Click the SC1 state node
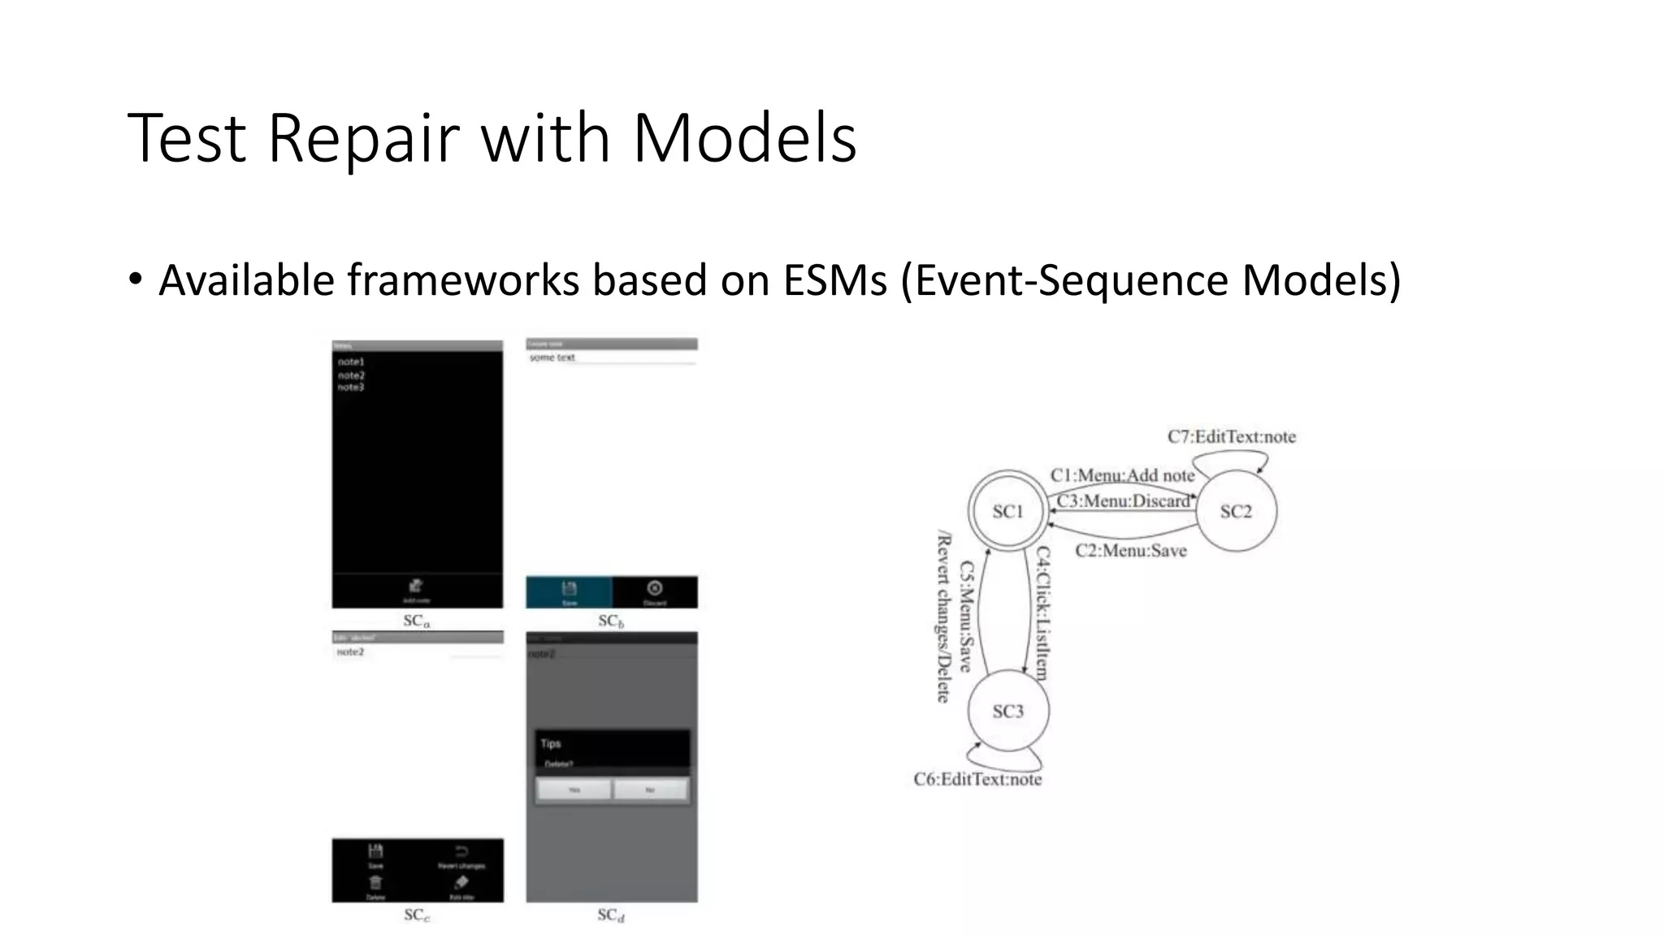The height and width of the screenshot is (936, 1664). point(1007,511)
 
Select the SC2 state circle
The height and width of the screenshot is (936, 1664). point(1236,511)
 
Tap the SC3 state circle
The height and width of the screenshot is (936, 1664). point(1007,711)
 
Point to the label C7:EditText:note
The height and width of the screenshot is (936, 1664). point(1231,436)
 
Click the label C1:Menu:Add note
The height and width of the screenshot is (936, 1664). point(1122,475)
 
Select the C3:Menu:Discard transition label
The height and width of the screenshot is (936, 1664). point(1123,500)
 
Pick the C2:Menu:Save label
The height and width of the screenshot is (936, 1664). point(1130,550)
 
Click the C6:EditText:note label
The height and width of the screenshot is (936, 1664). point(977,779)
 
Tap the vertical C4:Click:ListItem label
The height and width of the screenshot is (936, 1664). point(1042,613)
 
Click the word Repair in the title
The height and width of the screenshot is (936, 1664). point(362,138)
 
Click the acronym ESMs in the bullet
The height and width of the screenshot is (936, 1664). point(834,280)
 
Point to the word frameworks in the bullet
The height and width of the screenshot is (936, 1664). point(463,280)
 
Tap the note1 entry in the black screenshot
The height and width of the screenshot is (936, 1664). point(351,362)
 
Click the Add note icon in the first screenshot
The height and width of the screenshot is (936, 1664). point(416,587)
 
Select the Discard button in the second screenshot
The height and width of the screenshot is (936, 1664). point(654,591)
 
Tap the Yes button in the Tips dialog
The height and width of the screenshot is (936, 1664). point(574,789)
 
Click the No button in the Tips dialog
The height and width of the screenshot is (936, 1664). point(650,789)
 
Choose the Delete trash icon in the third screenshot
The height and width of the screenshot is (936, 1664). point(375,883)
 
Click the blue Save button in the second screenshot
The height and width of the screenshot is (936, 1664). point(569,591)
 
